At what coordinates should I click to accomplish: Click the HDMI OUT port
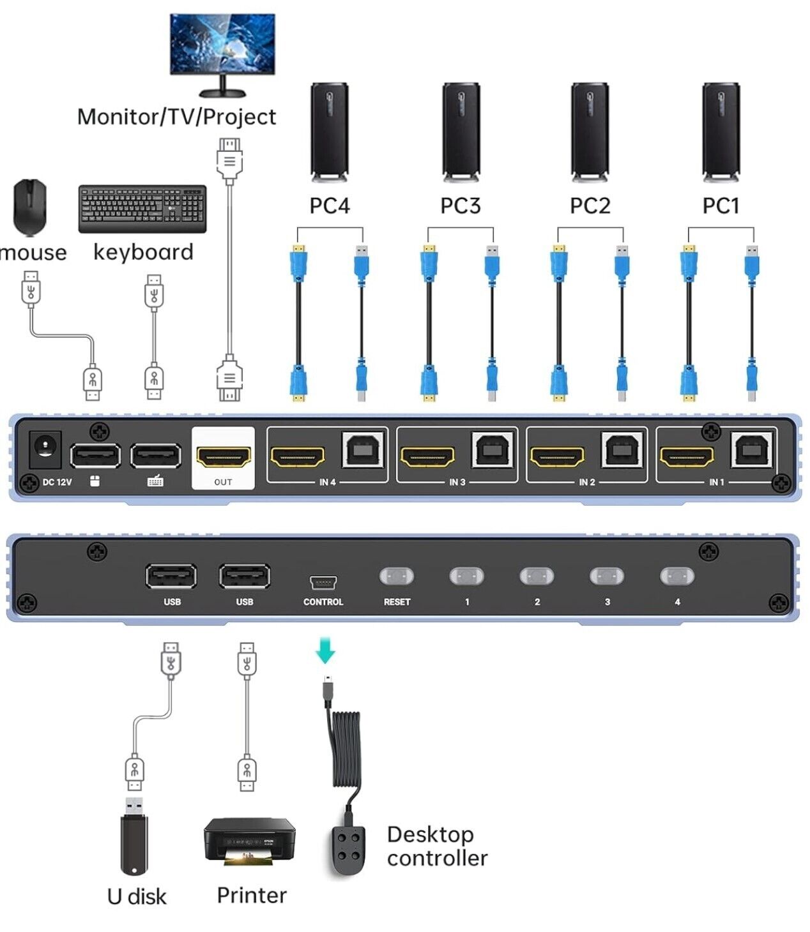(x=223, y=457)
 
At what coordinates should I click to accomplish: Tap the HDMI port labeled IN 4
(x=298, y=457)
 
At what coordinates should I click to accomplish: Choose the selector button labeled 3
(x=607, y=576)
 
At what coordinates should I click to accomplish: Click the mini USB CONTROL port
(x=323, y=582)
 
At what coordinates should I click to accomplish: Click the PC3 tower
(x=461, y=132)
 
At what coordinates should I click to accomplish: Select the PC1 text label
(x=721, y=206)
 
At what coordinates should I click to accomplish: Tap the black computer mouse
(x=30, y=207)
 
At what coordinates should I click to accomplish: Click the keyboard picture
(x=142, y=208)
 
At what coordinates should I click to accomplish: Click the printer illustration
(x=249, y=841)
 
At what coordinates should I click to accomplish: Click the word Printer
(x=252, y=895)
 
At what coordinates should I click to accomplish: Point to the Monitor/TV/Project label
(x=176, y=117)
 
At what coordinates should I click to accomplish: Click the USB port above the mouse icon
(x=95, y=456)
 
